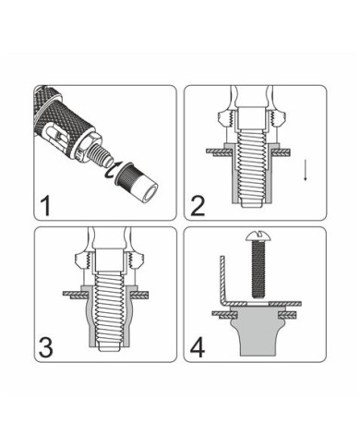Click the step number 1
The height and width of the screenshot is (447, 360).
pyautogui.click(x=45, y=206)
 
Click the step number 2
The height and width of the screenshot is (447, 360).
pyautogui.click(x=198, y=206)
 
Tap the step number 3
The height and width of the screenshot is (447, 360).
pyautogui.click(x=46, y=347)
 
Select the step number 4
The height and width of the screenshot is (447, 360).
pyautogui.click(x=198, y=348)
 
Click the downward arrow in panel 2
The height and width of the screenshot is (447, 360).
pyautogui.click(x=306, y=170)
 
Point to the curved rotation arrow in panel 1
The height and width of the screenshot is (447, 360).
pyautogui.click(x=110, y=170)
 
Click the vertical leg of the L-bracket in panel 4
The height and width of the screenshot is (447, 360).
pyautogui.click(x=222, y=279)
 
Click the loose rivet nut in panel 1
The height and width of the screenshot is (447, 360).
pyautogui.click(x=136, y=183)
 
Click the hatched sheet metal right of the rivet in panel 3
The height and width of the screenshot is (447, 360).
pyautogui.click(x=140, y=295)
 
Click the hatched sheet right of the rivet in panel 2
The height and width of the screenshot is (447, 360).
pyautogui.click(x=282, y=151)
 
